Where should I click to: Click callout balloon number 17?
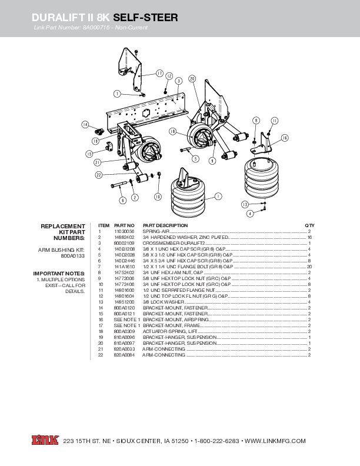(x=159, y=74)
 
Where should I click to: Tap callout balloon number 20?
(x=192, y=78)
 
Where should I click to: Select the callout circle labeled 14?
(x=85, y=125)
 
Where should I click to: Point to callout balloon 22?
(x=99, y=175)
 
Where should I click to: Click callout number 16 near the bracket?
(x=285, y=138)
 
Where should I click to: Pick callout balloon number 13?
(x=244, y=204)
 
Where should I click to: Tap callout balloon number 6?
(x=122, y=200)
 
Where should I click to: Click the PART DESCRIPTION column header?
(x=165, y=225)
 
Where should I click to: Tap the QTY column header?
(x=309, y=225)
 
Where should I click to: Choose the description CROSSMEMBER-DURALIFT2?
(x=174, y=243)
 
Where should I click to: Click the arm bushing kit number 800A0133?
(x=74, y=257)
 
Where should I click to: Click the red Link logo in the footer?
(x=44, y=441)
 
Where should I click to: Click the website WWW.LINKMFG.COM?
(x=275, y=441)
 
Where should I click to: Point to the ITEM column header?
(x=104, y=225)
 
